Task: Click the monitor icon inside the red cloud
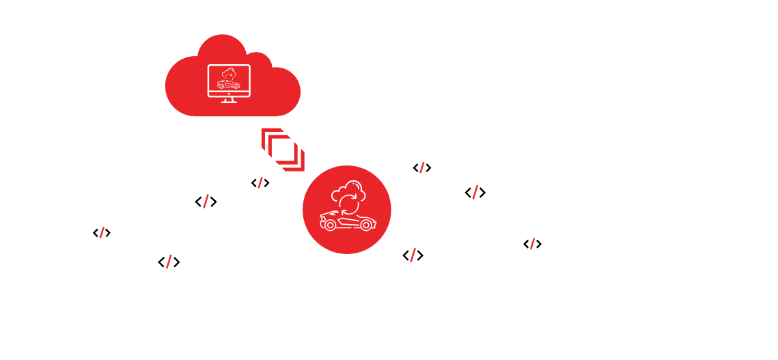click(228, 81)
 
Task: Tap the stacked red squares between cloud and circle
click(282, 149)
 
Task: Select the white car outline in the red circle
click(347, 220)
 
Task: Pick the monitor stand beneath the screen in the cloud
click(228, 101)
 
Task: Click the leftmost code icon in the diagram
click(102, 233)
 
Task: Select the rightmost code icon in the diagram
click(532, 244)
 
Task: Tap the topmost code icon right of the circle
click(421, 168)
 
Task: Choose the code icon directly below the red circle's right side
click(413, 255)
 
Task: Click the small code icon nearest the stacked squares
click(260, 183)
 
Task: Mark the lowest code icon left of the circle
click(169, 262)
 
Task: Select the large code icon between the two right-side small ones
click(475, 193)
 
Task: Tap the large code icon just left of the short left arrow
click(206, 202)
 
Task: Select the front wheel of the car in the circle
click(331, 225)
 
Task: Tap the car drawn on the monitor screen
click(228, 85)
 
